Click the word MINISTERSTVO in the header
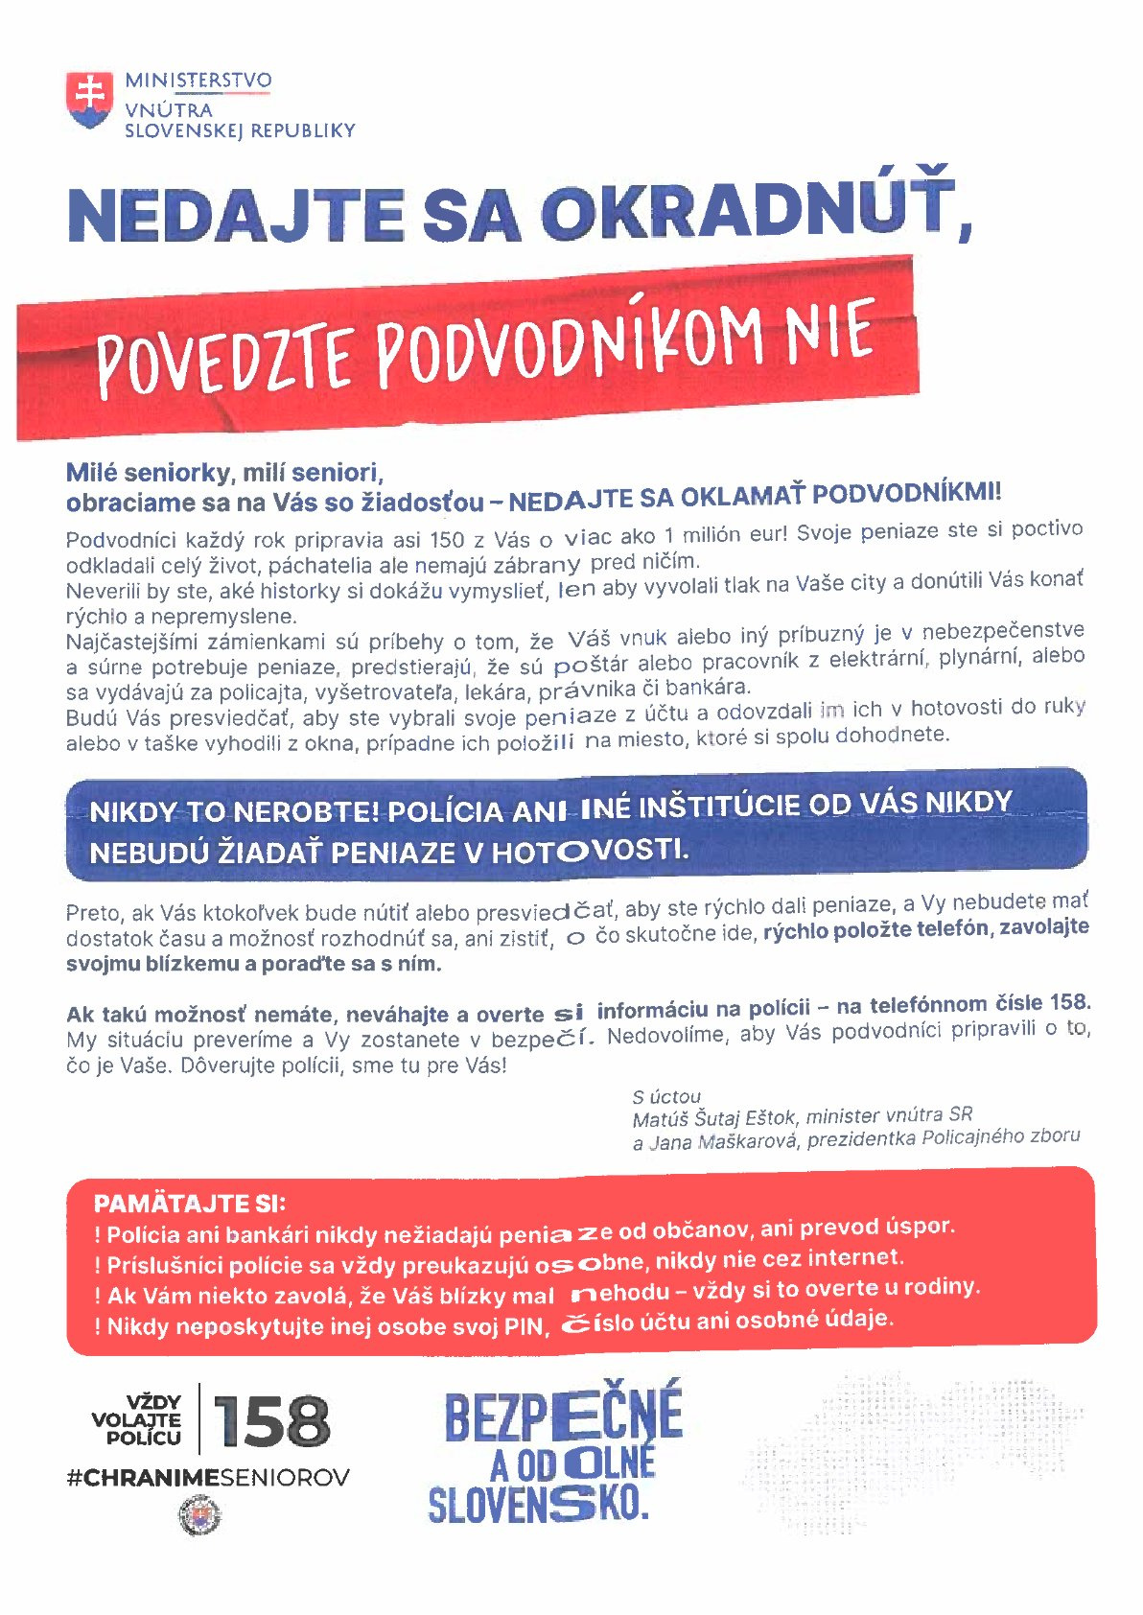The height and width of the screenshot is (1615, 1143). (198, 81)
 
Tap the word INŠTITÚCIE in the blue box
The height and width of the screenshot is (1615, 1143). (718, 807)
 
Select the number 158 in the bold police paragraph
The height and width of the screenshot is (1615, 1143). (1069, 1002)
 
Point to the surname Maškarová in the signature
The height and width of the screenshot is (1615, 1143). (749, 1141)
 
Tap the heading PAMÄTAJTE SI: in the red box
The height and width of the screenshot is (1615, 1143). (190, 1204)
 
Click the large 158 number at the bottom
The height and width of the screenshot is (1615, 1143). (271, 1421)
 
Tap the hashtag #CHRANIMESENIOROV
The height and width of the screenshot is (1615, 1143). (208, 1478)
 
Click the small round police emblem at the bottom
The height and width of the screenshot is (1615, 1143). (199, 1516)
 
